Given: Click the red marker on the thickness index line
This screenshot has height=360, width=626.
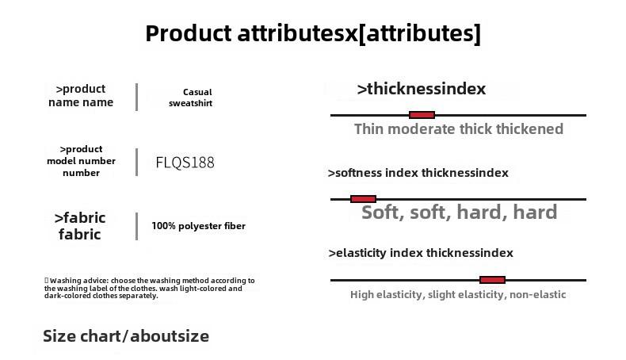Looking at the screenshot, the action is coord(422,115).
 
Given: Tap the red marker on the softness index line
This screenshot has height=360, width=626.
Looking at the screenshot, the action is coord(363,199).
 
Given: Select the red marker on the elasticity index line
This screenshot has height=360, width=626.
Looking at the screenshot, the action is coord(492,280).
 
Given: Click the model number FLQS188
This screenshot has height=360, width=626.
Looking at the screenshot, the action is coord(185,163).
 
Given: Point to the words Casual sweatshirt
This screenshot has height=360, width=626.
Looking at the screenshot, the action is coord(190,98).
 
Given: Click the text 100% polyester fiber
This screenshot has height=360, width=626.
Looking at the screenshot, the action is coord(198,226).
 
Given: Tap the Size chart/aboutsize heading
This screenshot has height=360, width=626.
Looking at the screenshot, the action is coord(126,336).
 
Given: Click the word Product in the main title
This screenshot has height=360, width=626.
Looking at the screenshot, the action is coord(188,33).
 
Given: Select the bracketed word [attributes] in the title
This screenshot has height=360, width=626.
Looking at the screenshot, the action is coord(420,33).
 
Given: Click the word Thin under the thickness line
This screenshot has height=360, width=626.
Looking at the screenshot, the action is coord(369,129).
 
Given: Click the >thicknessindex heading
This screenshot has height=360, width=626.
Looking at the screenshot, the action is coord(422,89).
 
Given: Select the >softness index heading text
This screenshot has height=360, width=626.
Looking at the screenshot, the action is coord(372,173).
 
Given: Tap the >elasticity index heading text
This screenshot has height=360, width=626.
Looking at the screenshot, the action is coord(376,252).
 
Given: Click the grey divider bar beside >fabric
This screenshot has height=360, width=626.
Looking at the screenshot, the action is coord(136,226).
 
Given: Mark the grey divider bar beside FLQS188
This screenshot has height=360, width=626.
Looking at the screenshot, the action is coord(136,162).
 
